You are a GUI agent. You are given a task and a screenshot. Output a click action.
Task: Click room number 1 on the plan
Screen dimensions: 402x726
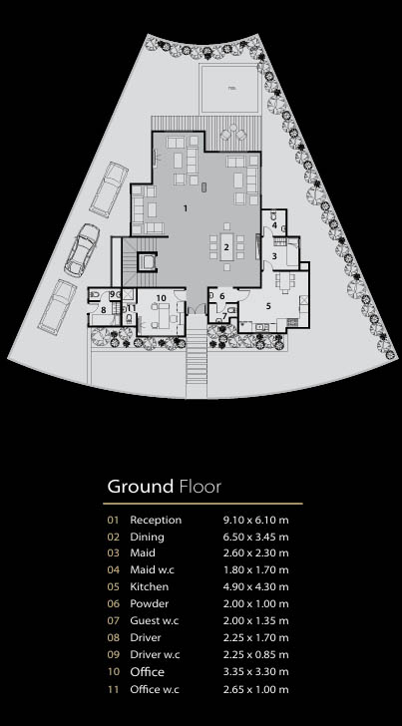click(186, 208)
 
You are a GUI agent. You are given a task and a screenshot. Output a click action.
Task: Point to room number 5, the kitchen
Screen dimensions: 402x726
click(267, 305)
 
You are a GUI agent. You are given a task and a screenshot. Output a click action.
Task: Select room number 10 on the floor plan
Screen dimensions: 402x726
click(161, 298)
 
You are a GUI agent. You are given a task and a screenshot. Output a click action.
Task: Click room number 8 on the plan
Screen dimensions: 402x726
click(104, 310)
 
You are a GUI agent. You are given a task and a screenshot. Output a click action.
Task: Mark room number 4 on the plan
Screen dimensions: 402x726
click(274, 225)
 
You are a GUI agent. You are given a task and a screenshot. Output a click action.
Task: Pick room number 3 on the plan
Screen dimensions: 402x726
click(273, 255)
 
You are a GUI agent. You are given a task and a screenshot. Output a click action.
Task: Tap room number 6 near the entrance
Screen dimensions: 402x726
click(221, 296)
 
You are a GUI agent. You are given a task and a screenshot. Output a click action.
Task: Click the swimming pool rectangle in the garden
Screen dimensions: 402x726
click(229, 89)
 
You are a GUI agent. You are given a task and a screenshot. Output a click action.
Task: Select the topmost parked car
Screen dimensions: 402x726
click(109, 188)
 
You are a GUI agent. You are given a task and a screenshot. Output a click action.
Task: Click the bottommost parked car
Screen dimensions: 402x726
click(57, 306)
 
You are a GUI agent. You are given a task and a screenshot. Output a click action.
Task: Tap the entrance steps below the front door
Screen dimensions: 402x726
click(197, 356)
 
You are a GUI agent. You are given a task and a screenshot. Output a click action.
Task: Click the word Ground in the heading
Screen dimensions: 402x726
click(140, 487)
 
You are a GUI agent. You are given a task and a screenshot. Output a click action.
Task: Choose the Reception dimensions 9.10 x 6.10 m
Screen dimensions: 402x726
click(255, 520)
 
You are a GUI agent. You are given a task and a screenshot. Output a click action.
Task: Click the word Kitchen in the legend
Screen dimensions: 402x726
click(150, 586)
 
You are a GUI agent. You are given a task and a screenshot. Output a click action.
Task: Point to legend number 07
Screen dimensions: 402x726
click(113, 621)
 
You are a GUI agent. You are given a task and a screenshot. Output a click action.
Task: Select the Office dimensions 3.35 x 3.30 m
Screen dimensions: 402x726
click(255, 672)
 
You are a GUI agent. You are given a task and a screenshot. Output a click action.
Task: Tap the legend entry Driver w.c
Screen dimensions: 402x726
click(155, 654)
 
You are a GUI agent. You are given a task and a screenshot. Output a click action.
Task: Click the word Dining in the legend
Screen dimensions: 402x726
click(147, 538)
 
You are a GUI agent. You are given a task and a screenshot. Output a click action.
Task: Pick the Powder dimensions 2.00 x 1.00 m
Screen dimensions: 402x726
click(255, 603)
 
